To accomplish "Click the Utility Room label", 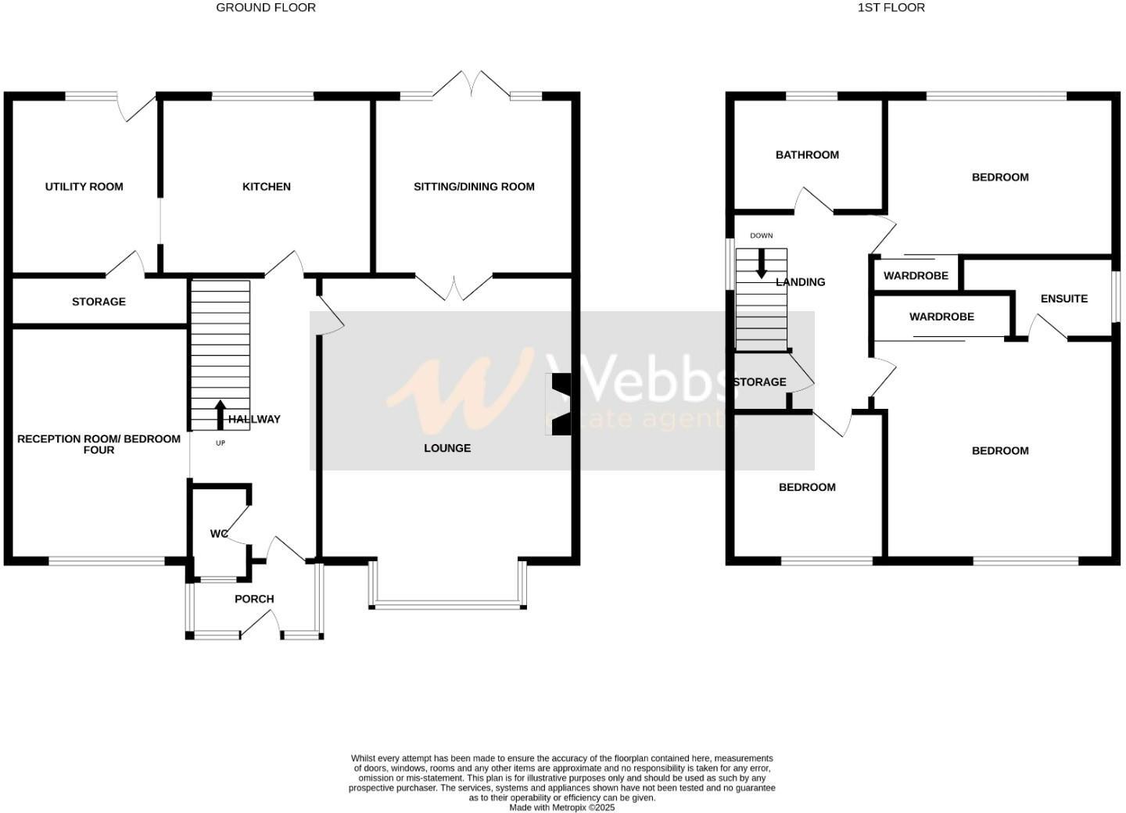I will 84,187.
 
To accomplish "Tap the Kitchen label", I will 267,187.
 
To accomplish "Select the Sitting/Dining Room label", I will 474,187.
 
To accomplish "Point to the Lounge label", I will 447,448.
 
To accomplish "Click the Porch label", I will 254,599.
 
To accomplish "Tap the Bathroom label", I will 807,155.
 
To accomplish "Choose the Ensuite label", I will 1063,299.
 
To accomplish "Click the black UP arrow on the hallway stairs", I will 220,414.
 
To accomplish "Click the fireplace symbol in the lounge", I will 561,404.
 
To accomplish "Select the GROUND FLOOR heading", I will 266,8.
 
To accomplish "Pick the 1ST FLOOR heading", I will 891,8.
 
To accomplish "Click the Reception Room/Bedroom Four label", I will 99,444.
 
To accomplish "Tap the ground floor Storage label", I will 99,302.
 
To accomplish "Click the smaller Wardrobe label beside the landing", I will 916,276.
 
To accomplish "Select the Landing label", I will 801,282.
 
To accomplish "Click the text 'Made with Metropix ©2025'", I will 562,808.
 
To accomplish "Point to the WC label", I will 218,534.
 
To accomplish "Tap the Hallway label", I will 254,419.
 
